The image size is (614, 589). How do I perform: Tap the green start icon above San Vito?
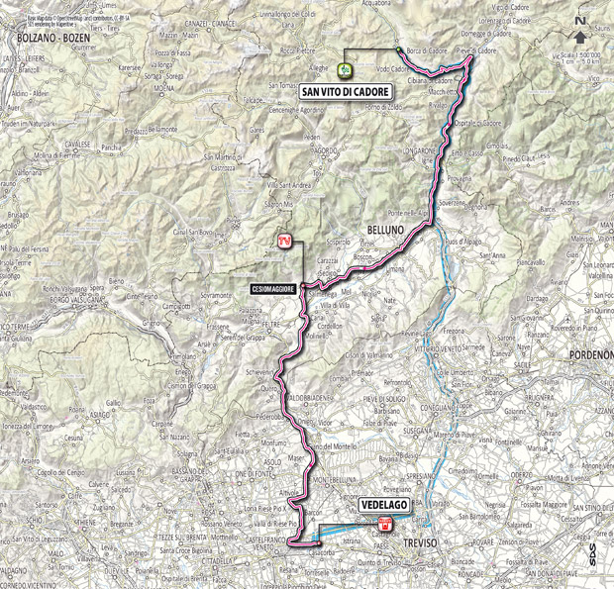coord(346,68)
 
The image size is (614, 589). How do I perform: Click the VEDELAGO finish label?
coord(383,504)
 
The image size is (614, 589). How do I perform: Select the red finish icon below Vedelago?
coord(387,525)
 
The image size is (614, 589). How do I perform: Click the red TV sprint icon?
coord(284,239)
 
